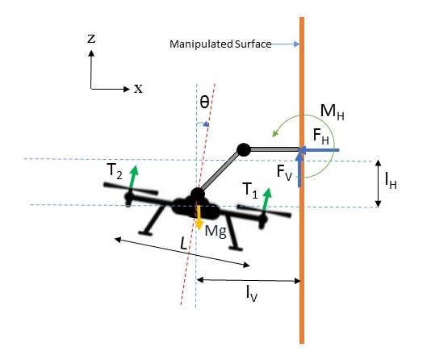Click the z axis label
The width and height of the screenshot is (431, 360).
(91, 39)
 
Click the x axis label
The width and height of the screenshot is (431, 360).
(138, 89)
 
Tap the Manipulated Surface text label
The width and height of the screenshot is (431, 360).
(220, 44)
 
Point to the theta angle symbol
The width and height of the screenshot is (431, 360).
(204, 103)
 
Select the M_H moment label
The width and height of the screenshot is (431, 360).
(332, 112)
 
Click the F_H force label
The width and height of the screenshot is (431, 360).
(320, 136)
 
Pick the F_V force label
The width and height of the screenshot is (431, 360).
(284, 173)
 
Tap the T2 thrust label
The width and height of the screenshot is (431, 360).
(115, 171)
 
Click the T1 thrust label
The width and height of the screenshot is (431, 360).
(250, 190)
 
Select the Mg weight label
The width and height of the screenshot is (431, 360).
(215, 232)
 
